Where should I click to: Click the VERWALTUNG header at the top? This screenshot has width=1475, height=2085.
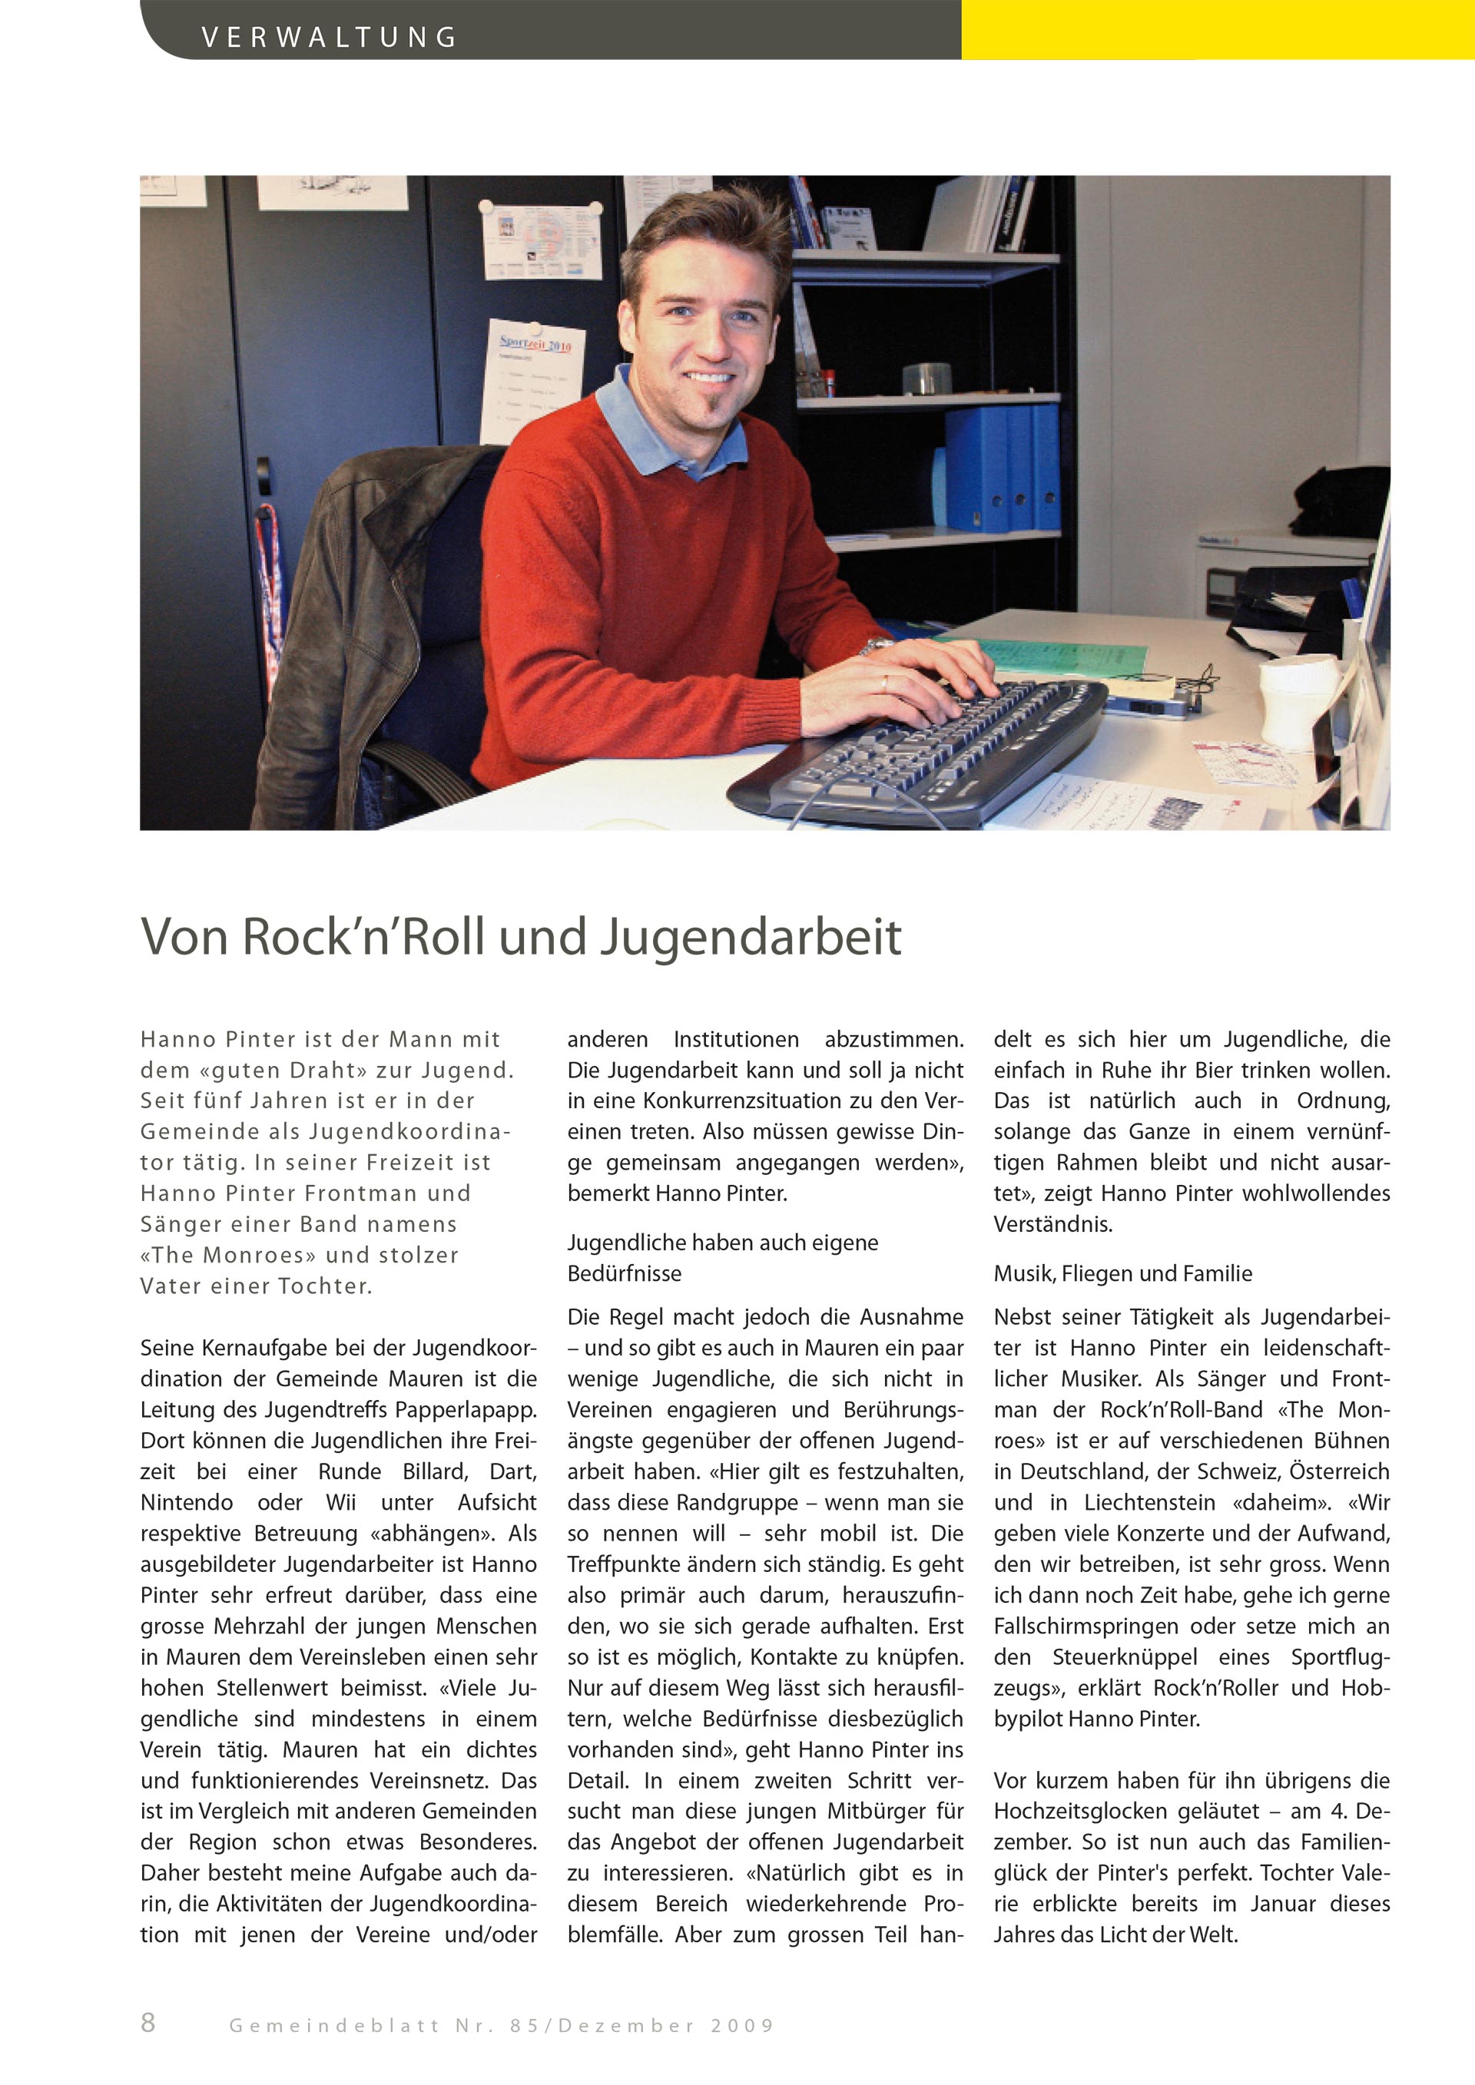329,37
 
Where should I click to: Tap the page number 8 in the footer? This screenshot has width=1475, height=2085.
148,2021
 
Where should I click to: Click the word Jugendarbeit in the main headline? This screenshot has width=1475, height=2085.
751,937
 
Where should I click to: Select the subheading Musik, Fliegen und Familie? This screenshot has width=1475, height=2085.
1122,1273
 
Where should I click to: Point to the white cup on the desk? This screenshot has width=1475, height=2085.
1296,700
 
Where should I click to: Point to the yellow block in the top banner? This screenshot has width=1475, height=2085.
1217,29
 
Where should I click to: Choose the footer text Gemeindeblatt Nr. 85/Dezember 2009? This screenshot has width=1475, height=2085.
502,2025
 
